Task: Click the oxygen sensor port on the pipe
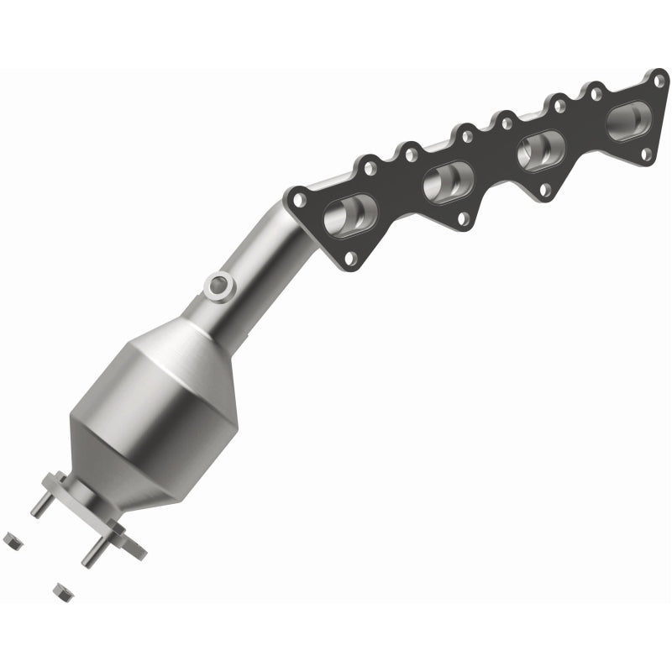(x=219, y=286)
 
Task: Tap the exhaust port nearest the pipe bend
(x=351, y=214)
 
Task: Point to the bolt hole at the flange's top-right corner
(x=659, y=81)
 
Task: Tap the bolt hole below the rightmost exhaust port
(x=646, y=155)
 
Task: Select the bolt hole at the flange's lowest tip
(x=350, y=259)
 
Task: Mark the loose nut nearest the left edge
(x=13, y=540)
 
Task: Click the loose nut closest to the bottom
(x=62, y=591)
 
